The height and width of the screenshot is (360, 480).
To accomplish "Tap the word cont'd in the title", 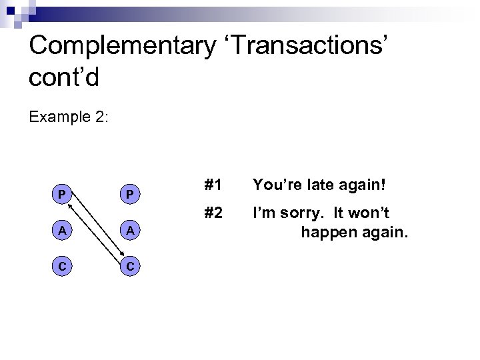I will [65, 77].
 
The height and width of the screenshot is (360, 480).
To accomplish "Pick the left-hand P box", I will [61, 195].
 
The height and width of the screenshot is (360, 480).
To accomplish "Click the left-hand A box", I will [61, 230].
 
